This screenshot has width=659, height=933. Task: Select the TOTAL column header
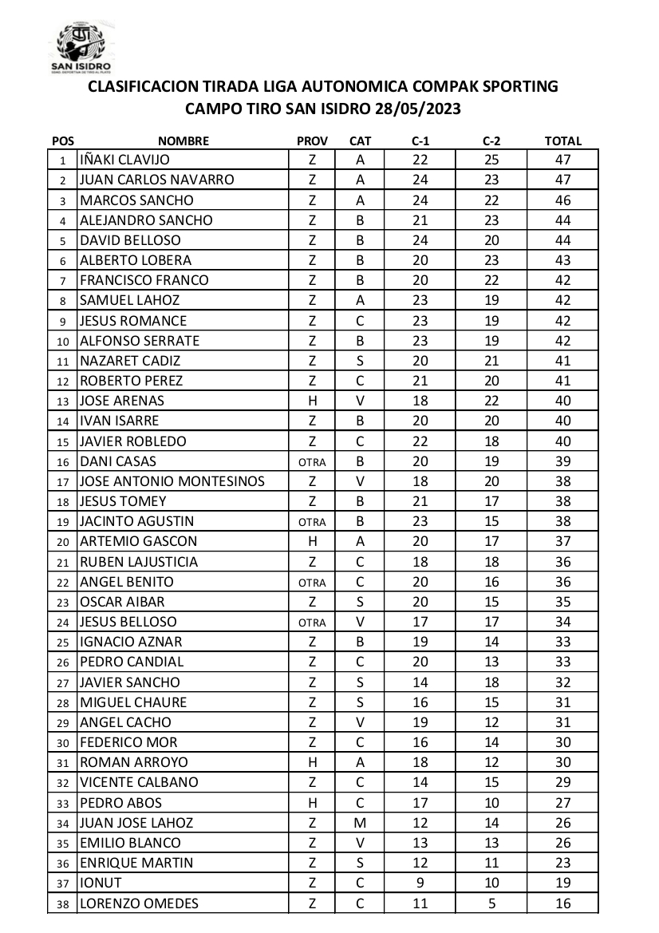coord(562,141)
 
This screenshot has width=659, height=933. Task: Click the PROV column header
coord(312,141)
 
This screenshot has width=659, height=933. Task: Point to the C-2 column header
coord(491,141)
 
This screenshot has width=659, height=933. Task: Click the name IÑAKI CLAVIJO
coord(125,160)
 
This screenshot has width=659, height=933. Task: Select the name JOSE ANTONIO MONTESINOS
coord(172,481)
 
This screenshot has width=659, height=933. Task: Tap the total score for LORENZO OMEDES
coord(562,903)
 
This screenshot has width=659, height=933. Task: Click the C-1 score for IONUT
coord(420,884)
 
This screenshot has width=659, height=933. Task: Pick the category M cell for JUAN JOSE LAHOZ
coord(360,823)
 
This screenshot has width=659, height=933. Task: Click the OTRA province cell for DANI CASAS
coord(312,461)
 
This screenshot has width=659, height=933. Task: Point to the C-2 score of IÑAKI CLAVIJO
coord(491,160)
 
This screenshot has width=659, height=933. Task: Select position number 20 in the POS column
coord(62,542)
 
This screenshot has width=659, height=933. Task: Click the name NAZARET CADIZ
coord(131,361)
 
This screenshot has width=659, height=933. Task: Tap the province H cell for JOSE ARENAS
coord(312,401)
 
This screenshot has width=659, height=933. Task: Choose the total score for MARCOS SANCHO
coord(562,200)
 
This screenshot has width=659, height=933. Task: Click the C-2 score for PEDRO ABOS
coord(491,803)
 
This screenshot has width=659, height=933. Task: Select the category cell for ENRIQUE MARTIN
coord(360,863)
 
